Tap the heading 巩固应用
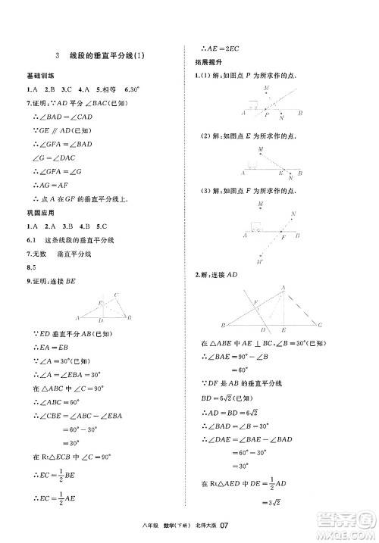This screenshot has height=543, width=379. click(38, 214)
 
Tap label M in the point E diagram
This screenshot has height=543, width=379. click(260, 150)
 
